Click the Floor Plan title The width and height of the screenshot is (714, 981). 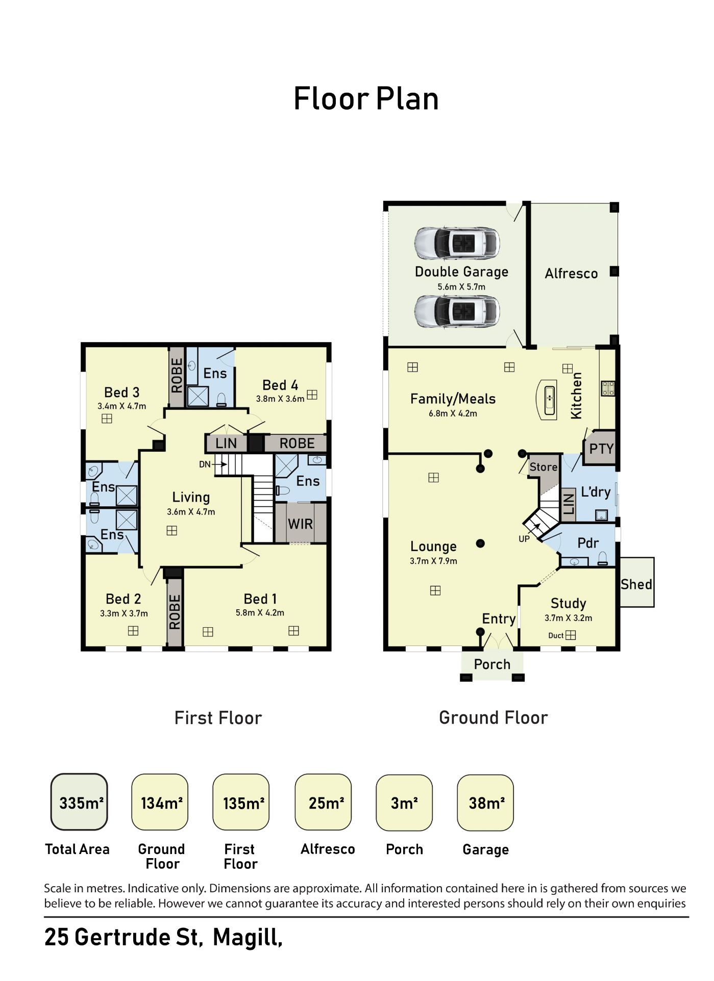click(366, 99)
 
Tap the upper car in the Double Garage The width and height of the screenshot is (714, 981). click(457, 243)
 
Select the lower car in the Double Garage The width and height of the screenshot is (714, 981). click(457, 311)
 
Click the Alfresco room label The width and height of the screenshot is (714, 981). click(571, 274)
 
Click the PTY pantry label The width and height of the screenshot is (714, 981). click(601, 449)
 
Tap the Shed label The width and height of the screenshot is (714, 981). click(636, 584)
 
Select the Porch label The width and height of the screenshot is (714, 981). click(492, 664)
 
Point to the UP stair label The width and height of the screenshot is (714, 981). click(524, 539)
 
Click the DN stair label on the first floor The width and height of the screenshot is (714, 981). click(205, 464)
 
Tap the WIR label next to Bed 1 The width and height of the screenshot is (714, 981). click(300, 524)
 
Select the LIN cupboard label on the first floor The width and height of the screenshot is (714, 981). click(226, 444)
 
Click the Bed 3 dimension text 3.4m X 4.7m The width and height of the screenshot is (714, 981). click(122, 406)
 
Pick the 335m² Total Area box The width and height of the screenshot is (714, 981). click(79, 803)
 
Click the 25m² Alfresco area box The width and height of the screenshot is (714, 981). click(323, 803)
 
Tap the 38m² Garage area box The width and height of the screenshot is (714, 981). click(485, 803)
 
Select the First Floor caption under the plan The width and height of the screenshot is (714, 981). click(218, 718)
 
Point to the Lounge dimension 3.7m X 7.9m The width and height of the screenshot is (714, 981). click(433, 561)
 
